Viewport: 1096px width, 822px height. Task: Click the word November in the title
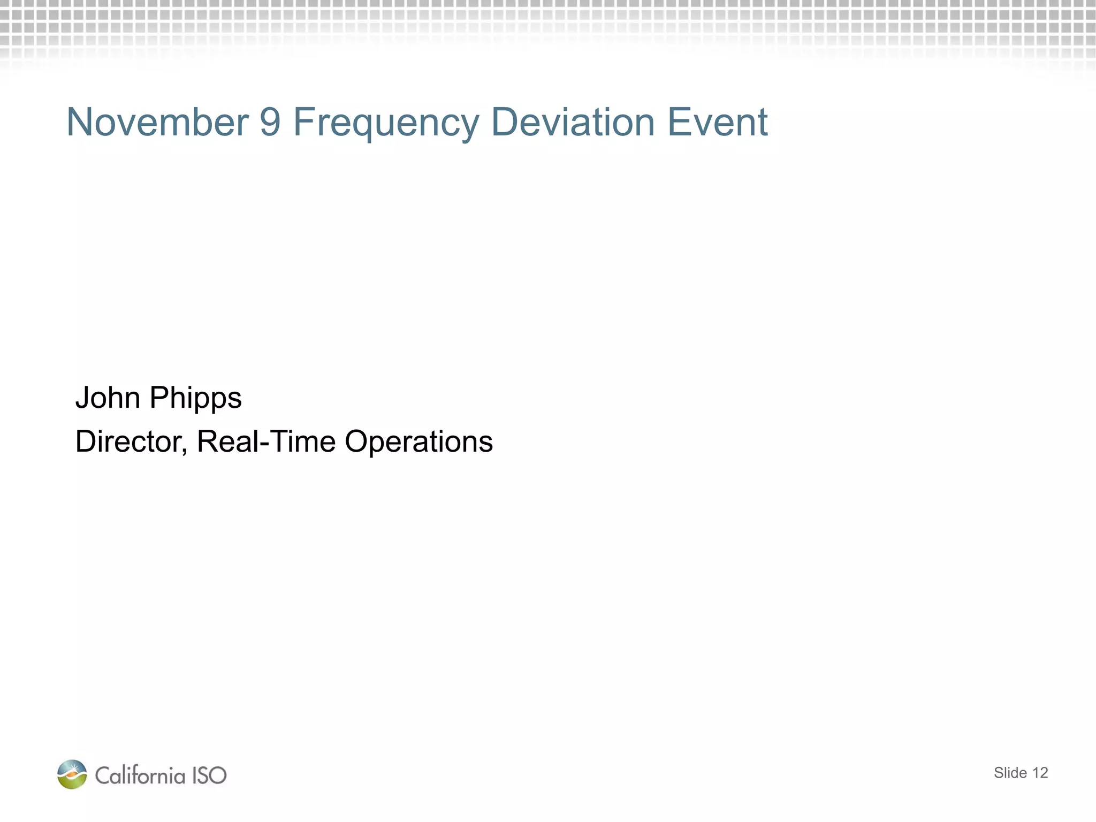point(157,122)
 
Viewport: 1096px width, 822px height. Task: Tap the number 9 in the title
point(270,122)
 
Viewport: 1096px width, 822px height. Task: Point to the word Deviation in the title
point(573,122)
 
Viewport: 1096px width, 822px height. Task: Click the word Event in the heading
point(717,122)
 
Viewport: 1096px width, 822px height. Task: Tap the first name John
point(108,398)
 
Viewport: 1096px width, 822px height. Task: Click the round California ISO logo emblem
point(72,774)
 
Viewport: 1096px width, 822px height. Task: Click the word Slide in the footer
point(1010,773)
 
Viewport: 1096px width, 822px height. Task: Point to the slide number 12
point(1040,773)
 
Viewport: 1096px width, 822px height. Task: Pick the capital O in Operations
point(356,442)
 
